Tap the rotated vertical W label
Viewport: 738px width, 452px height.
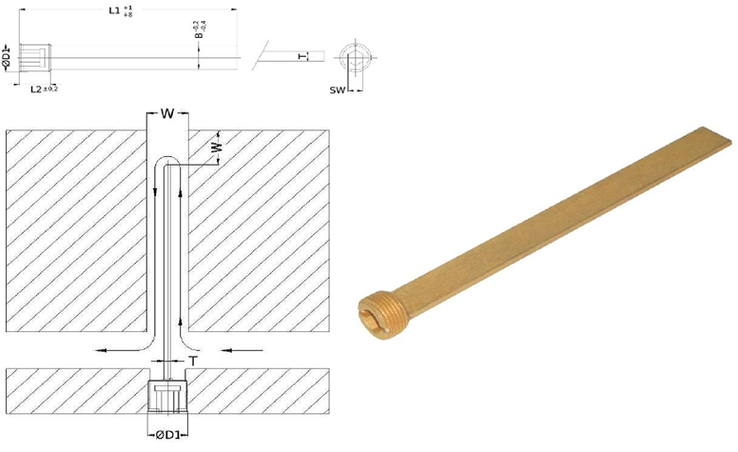(216, 147)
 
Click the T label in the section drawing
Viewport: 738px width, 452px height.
(193, 361)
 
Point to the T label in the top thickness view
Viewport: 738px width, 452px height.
(301, 56)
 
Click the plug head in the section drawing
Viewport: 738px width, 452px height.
(168, 394)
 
